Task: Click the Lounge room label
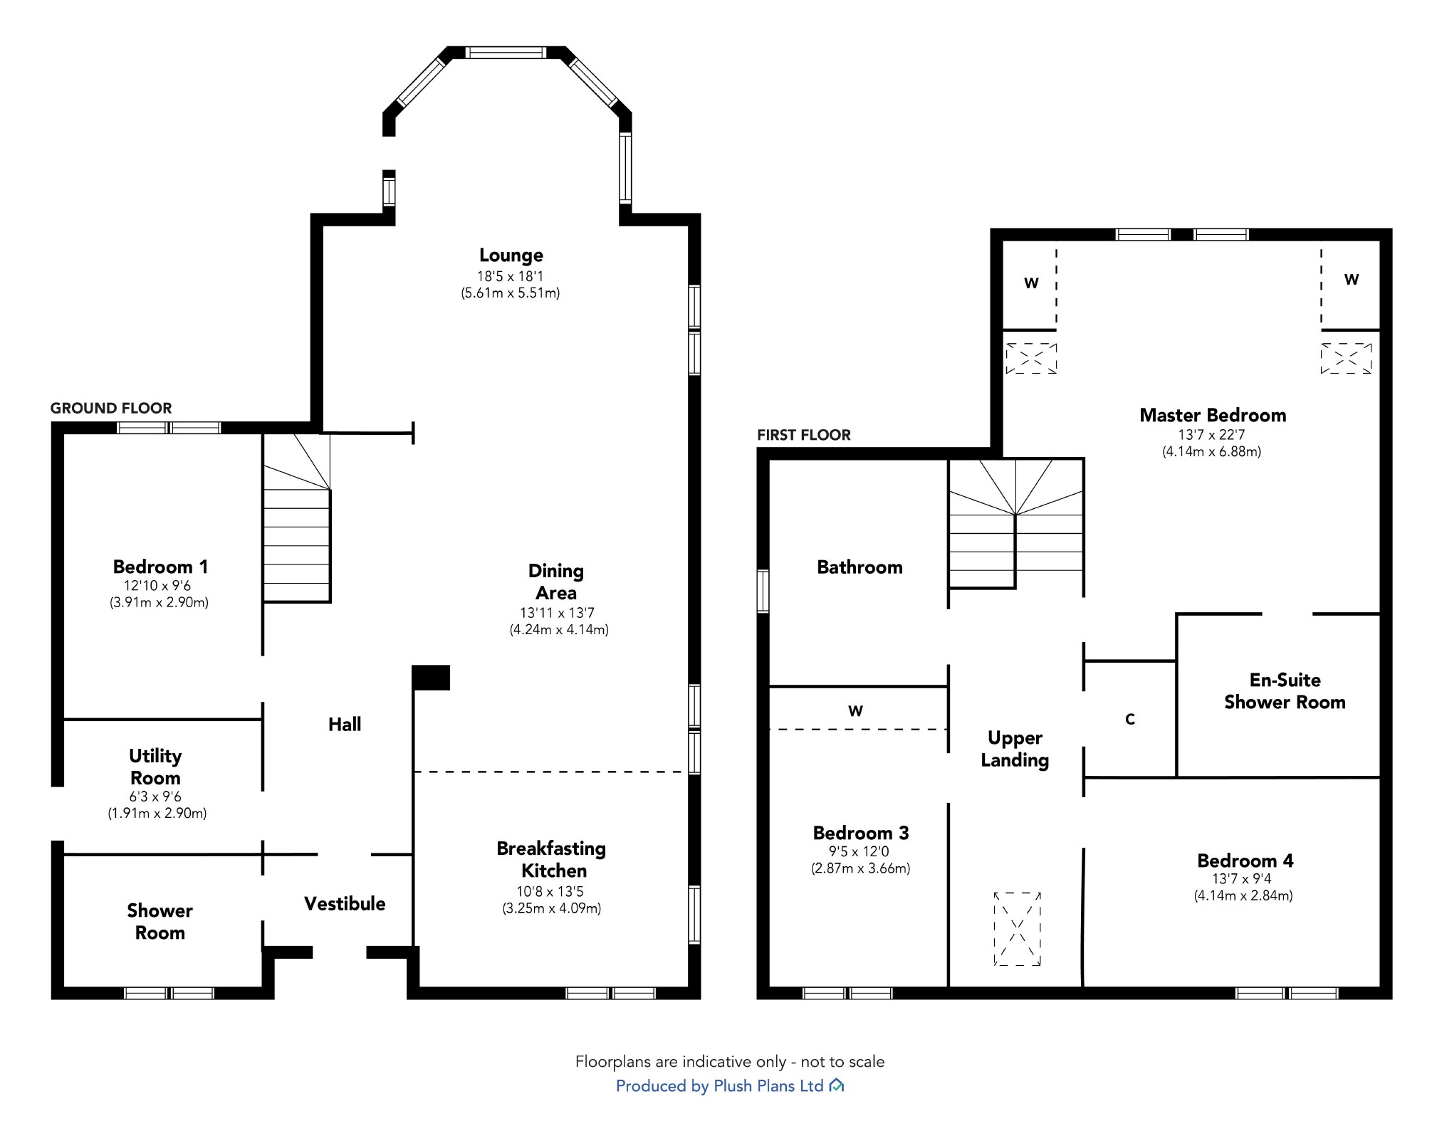(x=511, y=256)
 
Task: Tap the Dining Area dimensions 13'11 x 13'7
(x=557, y=613)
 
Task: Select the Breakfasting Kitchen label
(x=552, y=859)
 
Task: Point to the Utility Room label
(x=155, y=767)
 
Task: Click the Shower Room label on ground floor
(x=160, y=922)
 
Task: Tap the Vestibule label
(x=345, y=904)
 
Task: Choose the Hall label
(x=345, y=725)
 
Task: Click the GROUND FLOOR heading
(x=111, y=409)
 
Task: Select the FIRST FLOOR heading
(x=804, y=436)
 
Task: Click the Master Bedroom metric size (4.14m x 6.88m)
(x=1212, y=452)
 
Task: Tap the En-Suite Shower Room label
(x=1285, y=691)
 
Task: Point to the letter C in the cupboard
(x=1130, y=720)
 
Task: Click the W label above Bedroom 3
(x=856, y=711)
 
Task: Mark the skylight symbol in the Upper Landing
(x=1018, y=929)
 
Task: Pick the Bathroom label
(x=860, y=567)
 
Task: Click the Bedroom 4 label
(x=1245, y=861)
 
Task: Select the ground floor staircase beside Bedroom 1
(x=297, y=518)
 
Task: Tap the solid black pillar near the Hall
(x=432, y=678)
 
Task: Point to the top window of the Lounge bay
(x=506, y=53)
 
